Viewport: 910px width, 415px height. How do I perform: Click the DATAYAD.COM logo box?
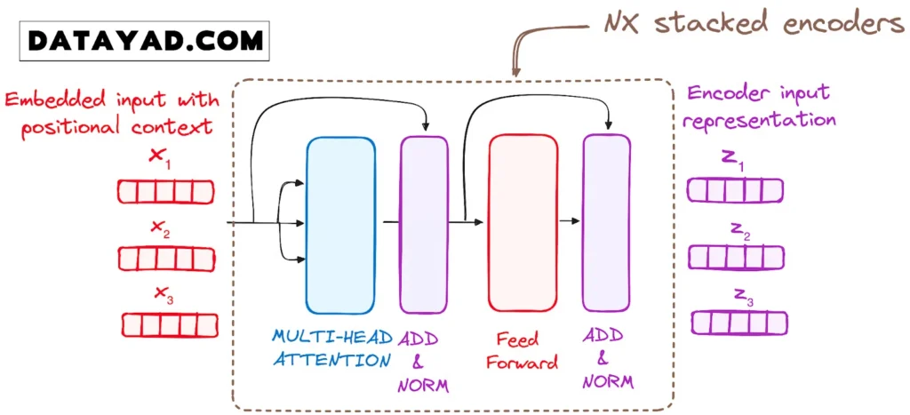pos(146,39)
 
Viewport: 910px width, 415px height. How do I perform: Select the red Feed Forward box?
pos(523,222)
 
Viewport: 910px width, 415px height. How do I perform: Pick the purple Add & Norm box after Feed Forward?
pos(606,222)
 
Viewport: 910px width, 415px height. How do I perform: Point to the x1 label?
pos(160,157)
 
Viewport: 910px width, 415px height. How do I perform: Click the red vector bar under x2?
pos(167,258)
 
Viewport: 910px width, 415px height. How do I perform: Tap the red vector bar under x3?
pos(167,324)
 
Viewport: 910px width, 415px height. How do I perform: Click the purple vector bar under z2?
pos(737,257)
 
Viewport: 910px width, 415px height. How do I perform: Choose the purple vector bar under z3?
pos(737,322)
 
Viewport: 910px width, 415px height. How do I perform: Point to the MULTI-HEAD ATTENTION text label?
pos(331,348)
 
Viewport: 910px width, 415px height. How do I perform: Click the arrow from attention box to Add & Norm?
pos(389,220)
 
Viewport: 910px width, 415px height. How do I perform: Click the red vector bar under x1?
pos(167,192)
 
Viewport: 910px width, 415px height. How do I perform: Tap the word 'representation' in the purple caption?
pos(762,119)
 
